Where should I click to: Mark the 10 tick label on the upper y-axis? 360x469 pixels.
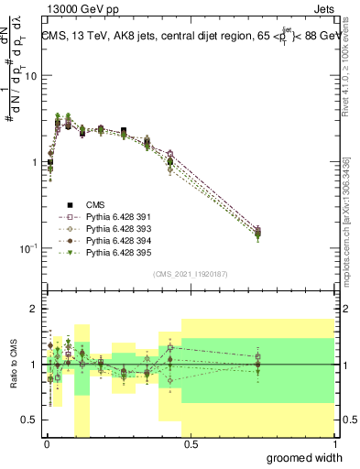tap(31, 76)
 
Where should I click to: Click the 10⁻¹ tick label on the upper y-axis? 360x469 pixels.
tap(28, 247)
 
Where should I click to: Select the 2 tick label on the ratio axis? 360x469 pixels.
tap(35, 310)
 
